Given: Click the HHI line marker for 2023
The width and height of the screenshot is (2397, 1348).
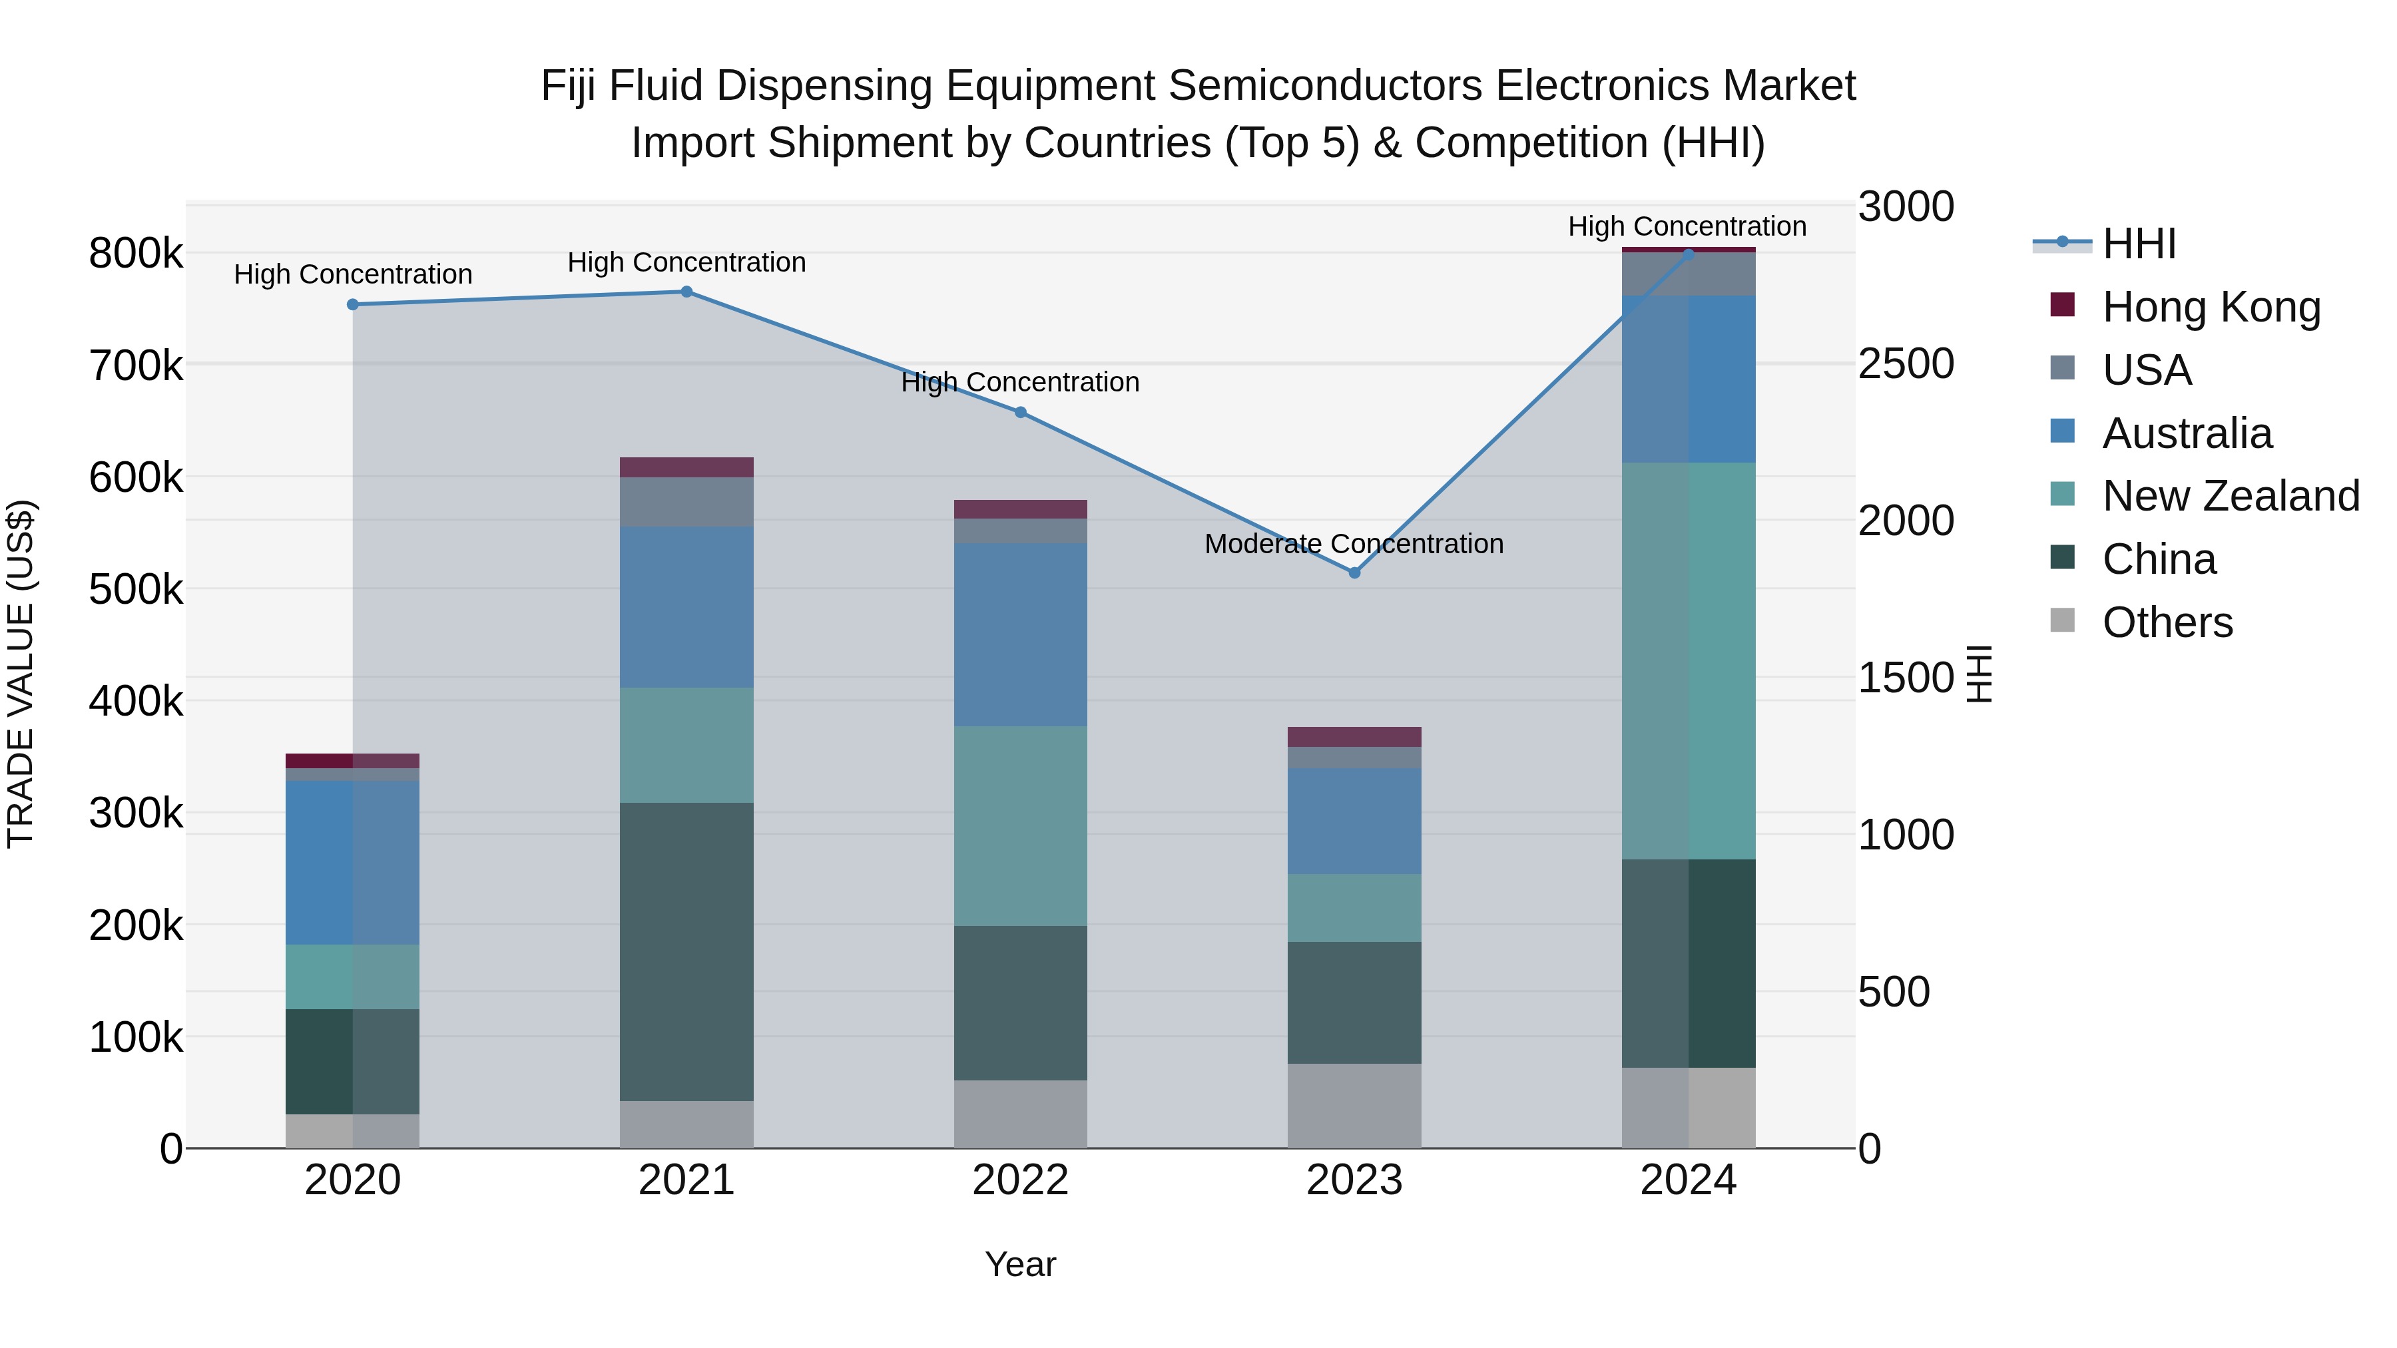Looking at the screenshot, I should pos(1354,573).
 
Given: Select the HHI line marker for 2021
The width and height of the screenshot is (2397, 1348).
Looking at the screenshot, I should pos(686,292).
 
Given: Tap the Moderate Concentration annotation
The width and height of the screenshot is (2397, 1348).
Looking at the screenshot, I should pos(1353,545).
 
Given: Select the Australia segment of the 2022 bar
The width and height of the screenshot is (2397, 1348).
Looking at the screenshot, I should pos(1020,634).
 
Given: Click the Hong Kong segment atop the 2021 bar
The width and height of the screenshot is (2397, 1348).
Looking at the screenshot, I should pos(686,467).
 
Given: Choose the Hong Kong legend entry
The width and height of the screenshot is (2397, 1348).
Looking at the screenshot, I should pos(2210,307).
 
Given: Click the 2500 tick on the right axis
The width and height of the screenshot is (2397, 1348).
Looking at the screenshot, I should pos(1905,363).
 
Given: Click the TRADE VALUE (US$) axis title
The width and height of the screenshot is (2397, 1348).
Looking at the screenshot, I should pos(21,674).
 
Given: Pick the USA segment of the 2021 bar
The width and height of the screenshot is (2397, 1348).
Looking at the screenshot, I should pos(686,503).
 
